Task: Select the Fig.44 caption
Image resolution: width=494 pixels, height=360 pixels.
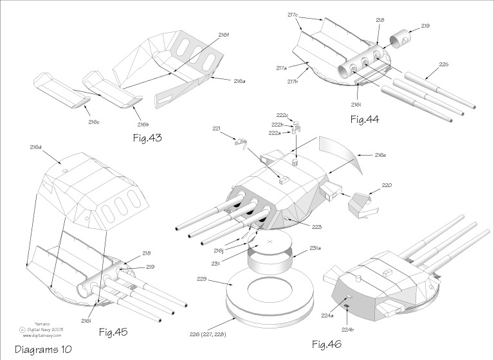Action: (x=367, y=119)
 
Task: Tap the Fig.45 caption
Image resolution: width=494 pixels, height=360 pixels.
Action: (x=113, y=332)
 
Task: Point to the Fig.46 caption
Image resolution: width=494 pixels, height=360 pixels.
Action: (x=328, y=345)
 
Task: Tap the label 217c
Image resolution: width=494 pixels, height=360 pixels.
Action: (x=293, y=14)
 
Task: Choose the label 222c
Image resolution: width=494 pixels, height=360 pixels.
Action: (x=282, y=115)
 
